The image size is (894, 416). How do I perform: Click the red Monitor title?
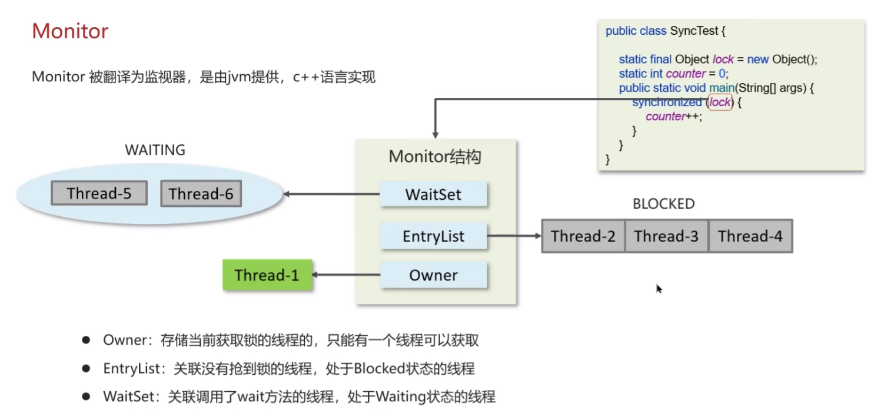click(x=70, y=31)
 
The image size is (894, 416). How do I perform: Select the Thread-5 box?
click(x=99, y=193)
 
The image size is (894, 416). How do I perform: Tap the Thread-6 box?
click(x=201, y=194)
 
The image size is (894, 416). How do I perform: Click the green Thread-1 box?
click(x=267, y=275)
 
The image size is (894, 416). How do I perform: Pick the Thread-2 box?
click(x=583, y=236)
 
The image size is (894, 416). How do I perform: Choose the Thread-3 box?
click(x=666, y=236)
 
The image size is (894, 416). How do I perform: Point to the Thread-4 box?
click(x=750, y=236)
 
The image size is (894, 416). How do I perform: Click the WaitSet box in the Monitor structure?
click(x=433, y=194)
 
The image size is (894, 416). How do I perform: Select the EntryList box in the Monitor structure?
click(x=433, y=236)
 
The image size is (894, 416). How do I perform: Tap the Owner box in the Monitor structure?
click(x=433, y=275)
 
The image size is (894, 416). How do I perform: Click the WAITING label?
click(x=155, y=150)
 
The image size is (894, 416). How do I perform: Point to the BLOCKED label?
click(x=664, y=204)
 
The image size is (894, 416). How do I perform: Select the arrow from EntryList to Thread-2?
click(x=514, y=236)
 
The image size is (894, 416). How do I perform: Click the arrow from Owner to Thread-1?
click(x=345, y=275)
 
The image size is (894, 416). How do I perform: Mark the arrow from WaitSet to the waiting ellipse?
click(x=331, y=194)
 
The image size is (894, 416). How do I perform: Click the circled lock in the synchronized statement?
click(x=720, y=103)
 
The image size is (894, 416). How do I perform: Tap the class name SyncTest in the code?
click(x=694, y=31)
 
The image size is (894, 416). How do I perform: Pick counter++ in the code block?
click(x=674, y=116)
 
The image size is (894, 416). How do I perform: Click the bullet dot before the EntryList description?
click(x=86, y=368)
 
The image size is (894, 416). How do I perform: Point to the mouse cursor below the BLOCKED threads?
click(x=659, y=289)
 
